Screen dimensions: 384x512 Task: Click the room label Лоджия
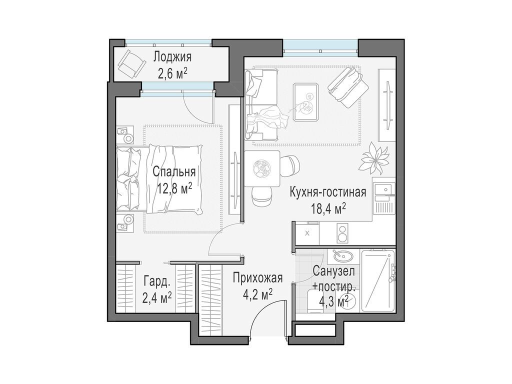tap(172, 56)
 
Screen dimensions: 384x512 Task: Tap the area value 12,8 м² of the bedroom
tap(174, 189)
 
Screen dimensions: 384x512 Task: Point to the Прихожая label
tap(258, 277)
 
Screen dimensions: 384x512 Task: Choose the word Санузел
tap(334, 271)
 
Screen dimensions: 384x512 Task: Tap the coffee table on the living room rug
tap(306, 101)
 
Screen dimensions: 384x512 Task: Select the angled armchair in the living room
tap(345, 86)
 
